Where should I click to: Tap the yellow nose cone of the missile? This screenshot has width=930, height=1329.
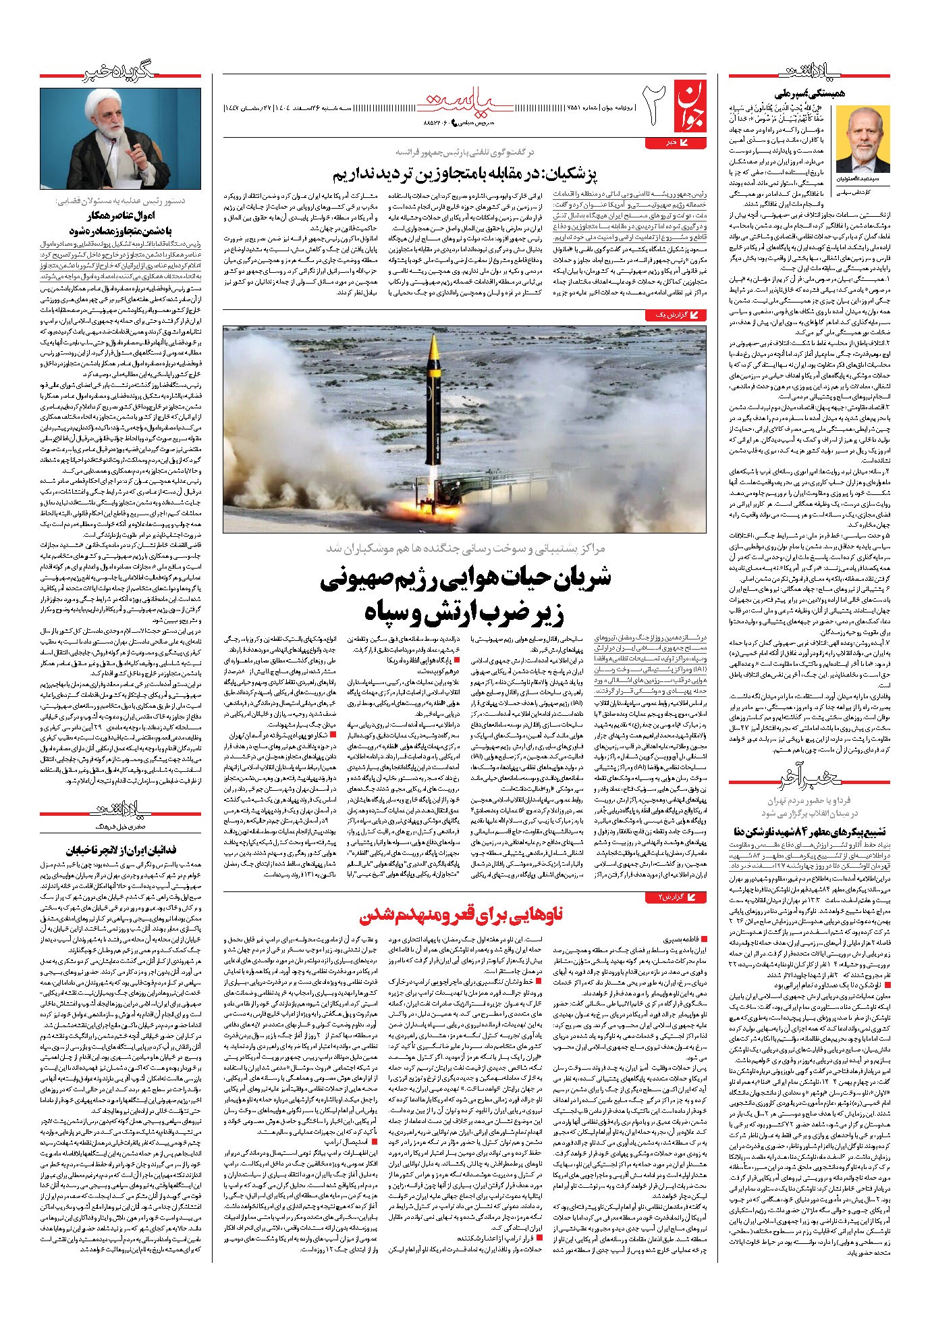[435, 345]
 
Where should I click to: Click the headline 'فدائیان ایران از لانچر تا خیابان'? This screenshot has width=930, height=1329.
[130, 850]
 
